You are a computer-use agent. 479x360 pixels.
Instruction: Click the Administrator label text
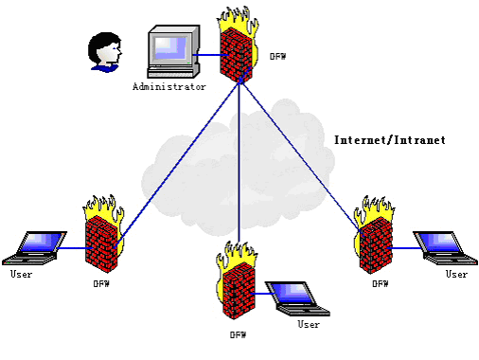(x=169, y=86)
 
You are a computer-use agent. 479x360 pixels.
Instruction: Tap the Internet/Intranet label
(x=390, y=140)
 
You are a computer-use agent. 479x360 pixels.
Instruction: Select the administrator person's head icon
(x=105, y=52)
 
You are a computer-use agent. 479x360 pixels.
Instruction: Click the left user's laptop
(x=34, y=248)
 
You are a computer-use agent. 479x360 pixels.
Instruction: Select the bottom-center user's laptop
(x=297, y=298)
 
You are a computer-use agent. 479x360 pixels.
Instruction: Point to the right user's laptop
(x=446, y=248)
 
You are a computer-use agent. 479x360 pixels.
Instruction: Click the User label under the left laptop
(x=21, y=274)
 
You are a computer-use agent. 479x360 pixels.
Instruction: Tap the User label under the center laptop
(x=309, y=324)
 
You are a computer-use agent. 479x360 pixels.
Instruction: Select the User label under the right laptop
(x=456, y=274)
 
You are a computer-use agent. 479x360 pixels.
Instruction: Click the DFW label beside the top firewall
(x=277, y=57)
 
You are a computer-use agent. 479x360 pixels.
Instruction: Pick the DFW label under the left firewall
(x=101, y=284)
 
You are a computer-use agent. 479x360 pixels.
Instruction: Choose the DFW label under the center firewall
(x=238, y=334)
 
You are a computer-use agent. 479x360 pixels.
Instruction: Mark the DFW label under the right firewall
(x=381, y=284)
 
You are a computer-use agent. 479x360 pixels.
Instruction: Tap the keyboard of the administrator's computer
(x=170, y=72)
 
